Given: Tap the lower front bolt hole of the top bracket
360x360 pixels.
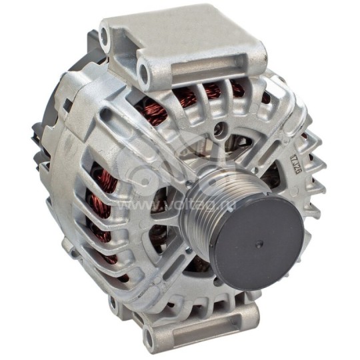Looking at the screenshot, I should pos(145,68).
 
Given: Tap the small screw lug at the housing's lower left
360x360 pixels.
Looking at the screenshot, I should pos(69,247).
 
